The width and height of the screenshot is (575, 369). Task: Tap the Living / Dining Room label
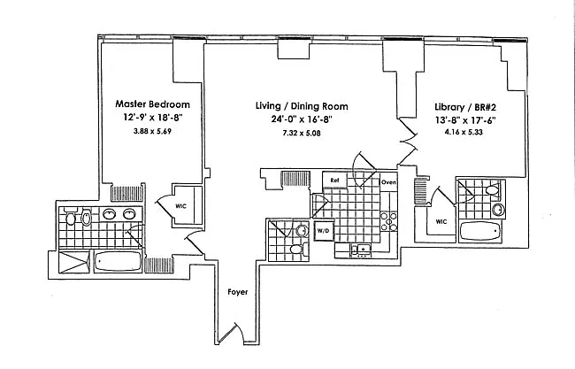pyautogui.click(x=289, y=104)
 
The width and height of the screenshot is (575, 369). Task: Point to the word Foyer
pyautogui.click(x=237, y=291)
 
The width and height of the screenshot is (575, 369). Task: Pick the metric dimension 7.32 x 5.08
pyautogui.click(x=289, y=133)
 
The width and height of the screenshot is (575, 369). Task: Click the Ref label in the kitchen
pyautogui.click(x=335, y=181)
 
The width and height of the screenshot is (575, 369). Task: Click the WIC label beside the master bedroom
pyautogui.click(x=181, y=206)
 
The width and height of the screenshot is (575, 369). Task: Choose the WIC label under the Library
pyautogui.click(x=440, y=222)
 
